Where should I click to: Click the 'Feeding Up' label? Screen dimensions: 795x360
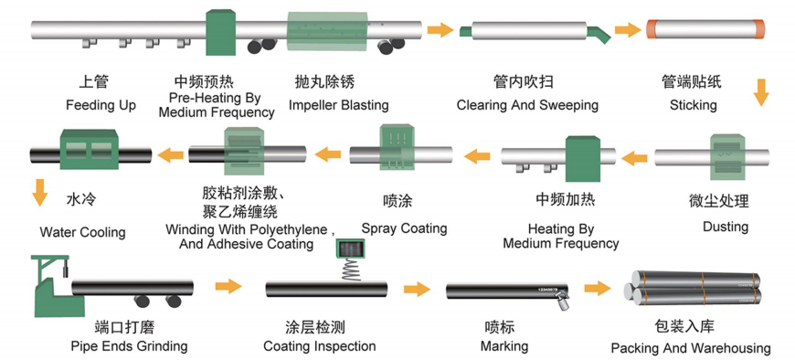[101, 105]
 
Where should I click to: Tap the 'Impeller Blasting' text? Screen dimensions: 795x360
[339, 105]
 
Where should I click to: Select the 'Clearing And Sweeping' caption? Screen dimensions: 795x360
[527, 105]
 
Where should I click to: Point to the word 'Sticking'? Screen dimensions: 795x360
[693, 105]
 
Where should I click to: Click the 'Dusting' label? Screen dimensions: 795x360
[726, 227]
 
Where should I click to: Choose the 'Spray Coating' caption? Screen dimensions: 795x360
[404, 228]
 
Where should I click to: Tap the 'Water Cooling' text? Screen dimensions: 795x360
[82, 233]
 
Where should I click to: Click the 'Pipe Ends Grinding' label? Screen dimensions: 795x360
[129, 347]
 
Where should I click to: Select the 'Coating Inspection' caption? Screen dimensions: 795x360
[320, 347]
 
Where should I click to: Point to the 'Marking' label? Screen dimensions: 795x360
[504, 347]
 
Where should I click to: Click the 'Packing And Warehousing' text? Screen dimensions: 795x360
[691, 348]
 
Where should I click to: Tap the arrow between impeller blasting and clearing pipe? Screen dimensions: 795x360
[440, 29]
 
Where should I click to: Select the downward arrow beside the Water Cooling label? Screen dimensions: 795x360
[40, 193]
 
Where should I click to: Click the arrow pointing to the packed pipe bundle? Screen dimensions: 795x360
[598, 289]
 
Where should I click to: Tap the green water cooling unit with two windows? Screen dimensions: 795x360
[90, 149]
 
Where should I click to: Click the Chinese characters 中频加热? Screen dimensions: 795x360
[558, 200]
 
